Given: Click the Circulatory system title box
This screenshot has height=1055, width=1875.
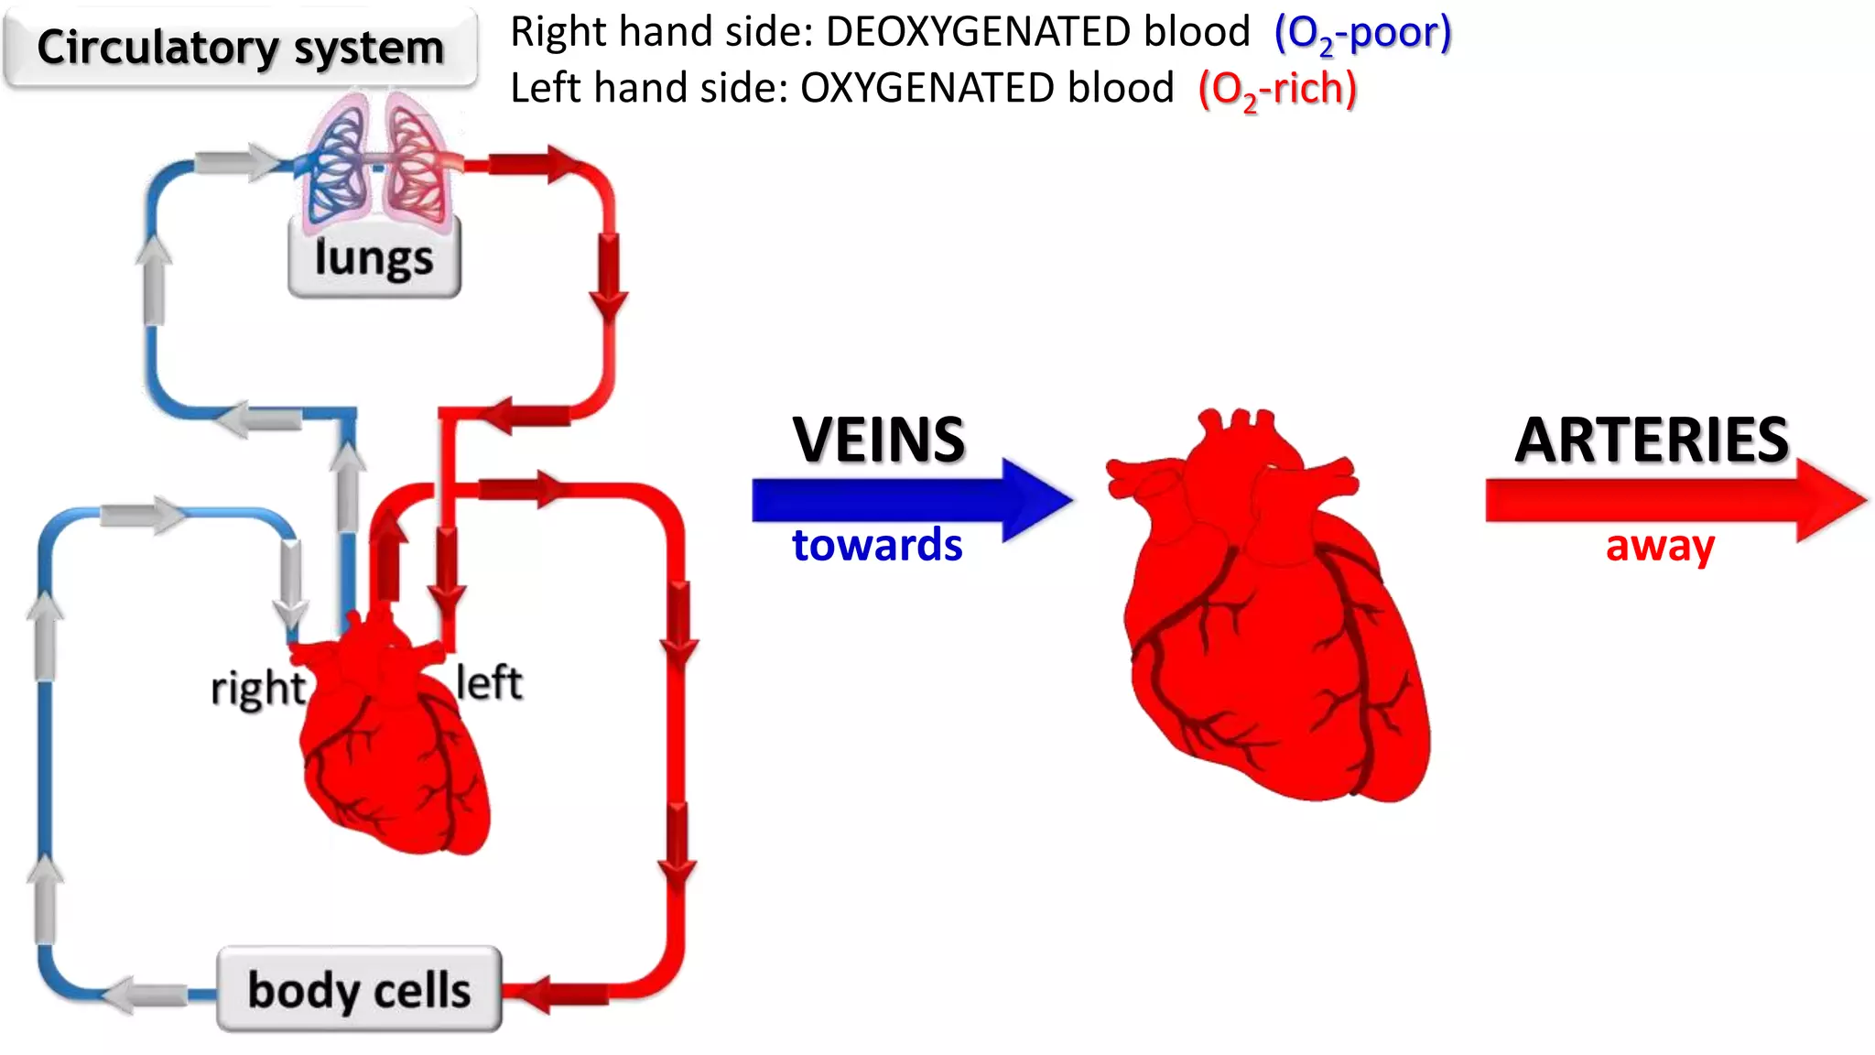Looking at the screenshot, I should coord(240,48).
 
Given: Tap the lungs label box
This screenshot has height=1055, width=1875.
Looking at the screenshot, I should coord(374,258).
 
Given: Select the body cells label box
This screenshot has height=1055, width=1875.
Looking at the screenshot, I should coord(359,990).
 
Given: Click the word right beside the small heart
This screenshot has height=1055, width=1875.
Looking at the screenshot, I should coord(257,689).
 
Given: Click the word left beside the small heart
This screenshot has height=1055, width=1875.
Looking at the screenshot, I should coord(489,683).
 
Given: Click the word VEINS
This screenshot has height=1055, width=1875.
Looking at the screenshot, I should coord(878,440).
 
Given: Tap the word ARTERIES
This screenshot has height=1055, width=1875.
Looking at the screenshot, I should coord(1652,440).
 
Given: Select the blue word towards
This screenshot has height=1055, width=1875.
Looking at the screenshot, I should coord(877,545).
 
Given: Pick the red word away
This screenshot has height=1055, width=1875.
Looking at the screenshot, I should coord(1659,547).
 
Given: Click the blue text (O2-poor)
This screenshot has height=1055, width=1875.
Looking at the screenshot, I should coord(1362,34).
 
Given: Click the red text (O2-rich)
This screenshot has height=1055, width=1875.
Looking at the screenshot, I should coord(1277,90).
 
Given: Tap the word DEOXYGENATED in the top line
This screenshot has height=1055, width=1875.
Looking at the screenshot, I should coord(1037,32).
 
